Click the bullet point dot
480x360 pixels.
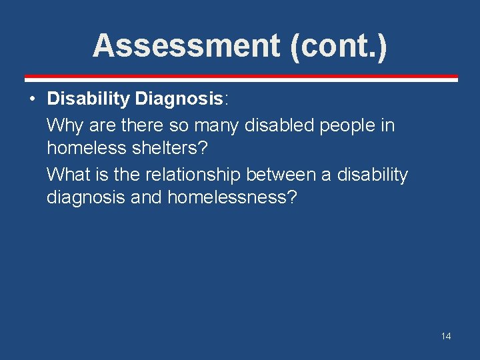pos(32,99)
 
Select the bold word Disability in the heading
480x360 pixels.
pos(88,99)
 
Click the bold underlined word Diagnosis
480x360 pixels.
pos(179,99)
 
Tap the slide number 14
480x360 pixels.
pos(446,336)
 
